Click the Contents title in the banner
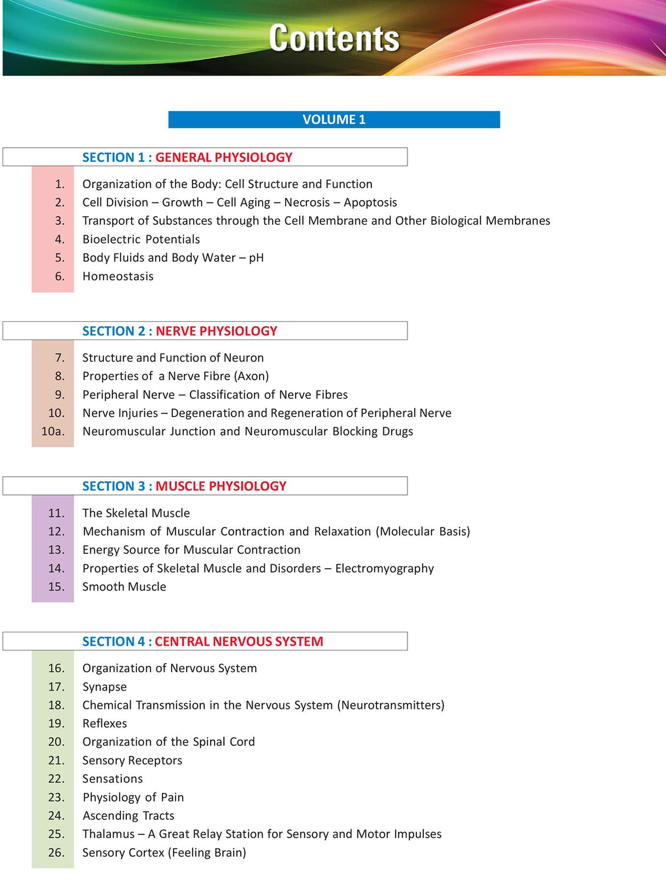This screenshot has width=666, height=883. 334,38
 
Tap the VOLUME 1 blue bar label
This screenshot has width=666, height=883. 334,120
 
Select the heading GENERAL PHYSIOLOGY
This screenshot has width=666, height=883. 224,157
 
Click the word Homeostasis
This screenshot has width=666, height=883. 118,276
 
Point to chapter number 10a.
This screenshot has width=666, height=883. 53,432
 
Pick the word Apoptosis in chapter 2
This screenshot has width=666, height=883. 370,202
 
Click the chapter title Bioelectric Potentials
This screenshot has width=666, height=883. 141,240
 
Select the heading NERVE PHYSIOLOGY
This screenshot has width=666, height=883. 216,331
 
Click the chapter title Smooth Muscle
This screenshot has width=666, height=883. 124,587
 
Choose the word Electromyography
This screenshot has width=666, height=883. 385,569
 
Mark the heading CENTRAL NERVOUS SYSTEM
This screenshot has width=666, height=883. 239,642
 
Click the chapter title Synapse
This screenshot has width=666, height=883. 104,687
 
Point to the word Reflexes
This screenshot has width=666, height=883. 104,724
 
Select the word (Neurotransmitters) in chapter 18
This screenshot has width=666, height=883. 391,705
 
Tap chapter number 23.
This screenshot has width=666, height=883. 56,797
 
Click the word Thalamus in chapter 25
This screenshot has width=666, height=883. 108,834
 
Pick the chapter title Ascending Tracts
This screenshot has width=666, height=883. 128,816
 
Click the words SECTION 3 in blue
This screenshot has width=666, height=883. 114,486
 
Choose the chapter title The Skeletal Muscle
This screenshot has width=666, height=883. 136,513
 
